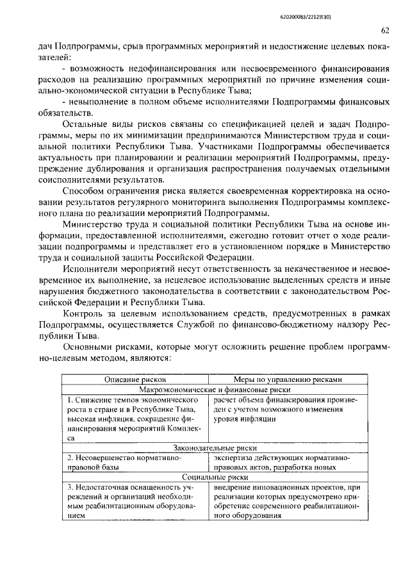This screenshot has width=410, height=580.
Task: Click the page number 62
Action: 385,29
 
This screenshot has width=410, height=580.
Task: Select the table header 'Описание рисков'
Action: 135,379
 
